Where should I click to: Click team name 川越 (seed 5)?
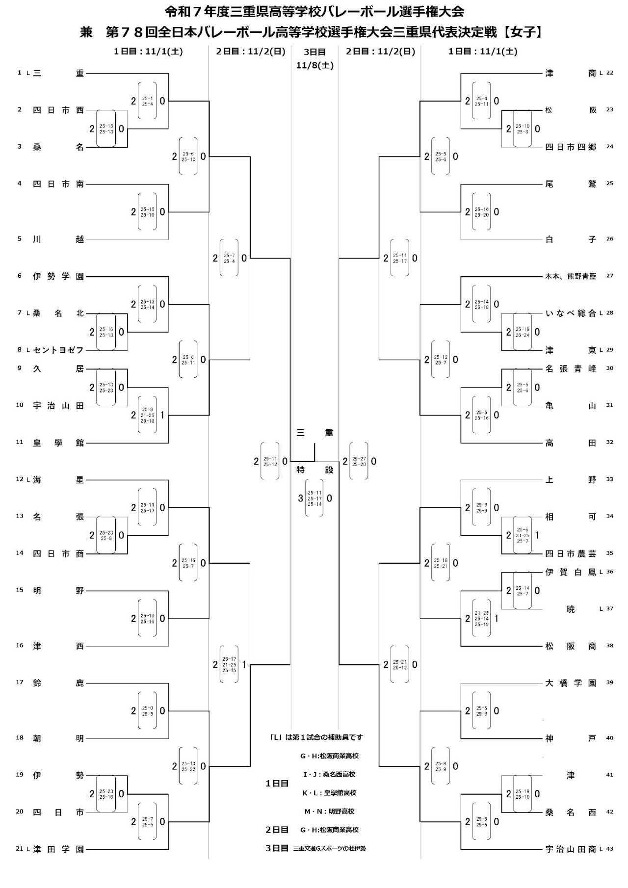point(58,239)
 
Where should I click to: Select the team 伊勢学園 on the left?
point(58,276)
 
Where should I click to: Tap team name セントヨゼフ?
point(58,350)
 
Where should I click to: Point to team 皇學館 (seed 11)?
point(58,443)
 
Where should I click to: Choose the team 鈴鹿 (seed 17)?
point(58,683)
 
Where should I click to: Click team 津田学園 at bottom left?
point(58,849)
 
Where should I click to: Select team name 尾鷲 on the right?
point(571,184)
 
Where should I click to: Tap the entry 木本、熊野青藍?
point(571,276)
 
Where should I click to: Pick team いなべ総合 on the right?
point(571,313)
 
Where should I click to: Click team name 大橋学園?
point(571,683)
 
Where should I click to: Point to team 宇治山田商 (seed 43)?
point(571,849)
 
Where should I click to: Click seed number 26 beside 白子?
point(610,239)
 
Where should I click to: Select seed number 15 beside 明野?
point(20,590)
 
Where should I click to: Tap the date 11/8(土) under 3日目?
point(314,65)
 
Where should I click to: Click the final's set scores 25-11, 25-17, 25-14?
point(314,498)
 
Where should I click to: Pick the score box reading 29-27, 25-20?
point(359,461)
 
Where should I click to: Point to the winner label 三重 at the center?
point(314,433)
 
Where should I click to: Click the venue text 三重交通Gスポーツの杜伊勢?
point(329,848)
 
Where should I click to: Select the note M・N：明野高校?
point(329,811)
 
